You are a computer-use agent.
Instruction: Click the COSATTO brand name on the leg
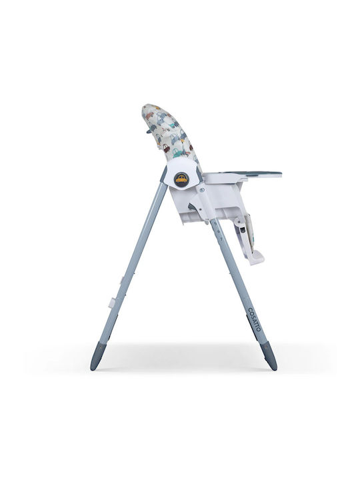(x=254, y=319)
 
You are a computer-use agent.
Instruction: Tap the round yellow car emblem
(x=181, y=180)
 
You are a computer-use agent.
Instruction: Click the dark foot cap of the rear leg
(x=98, y=357)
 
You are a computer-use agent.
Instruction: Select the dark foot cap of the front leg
(x=269, y=357)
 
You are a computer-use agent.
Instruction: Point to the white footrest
(x=255, y=257)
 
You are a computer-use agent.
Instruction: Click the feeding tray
(x=243, y=176)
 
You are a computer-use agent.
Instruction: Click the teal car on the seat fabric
(x=177, y=152)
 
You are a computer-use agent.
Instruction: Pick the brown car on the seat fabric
(x=166, y=149)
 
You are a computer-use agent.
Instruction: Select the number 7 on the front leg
(x=221, y=237)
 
